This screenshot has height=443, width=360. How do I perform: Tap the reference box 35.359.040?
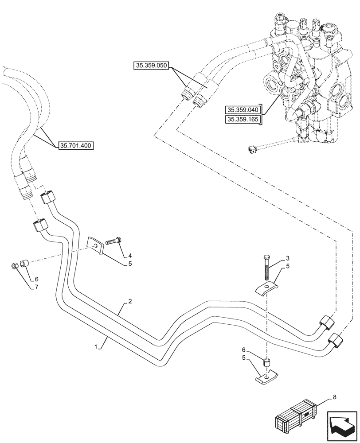(243, 110)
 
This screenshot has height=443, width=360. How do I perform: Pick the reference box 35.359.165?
(243, 120)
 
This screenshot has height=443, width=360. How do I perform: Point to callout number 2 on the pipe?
(130, 302)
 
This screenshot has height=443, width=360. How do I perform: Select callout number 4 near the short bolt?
(130, 256)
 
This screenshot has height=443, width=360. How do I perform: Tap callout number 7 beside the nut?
(36, 287)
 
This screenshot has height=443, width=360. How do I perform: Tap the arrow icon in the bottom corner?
(342, 425)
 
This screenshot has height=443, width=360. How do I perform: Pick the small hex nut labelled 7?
(14, 266)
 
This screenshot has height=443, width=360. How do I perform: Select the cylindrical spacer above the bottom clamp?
(267, 362)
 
